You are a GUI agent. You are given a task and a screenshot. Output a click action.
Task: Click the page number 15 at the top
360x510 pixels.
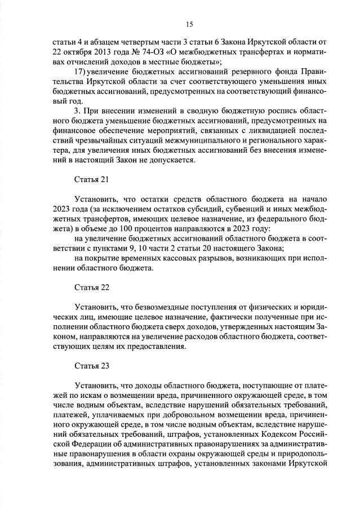(x=189, y=24)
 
